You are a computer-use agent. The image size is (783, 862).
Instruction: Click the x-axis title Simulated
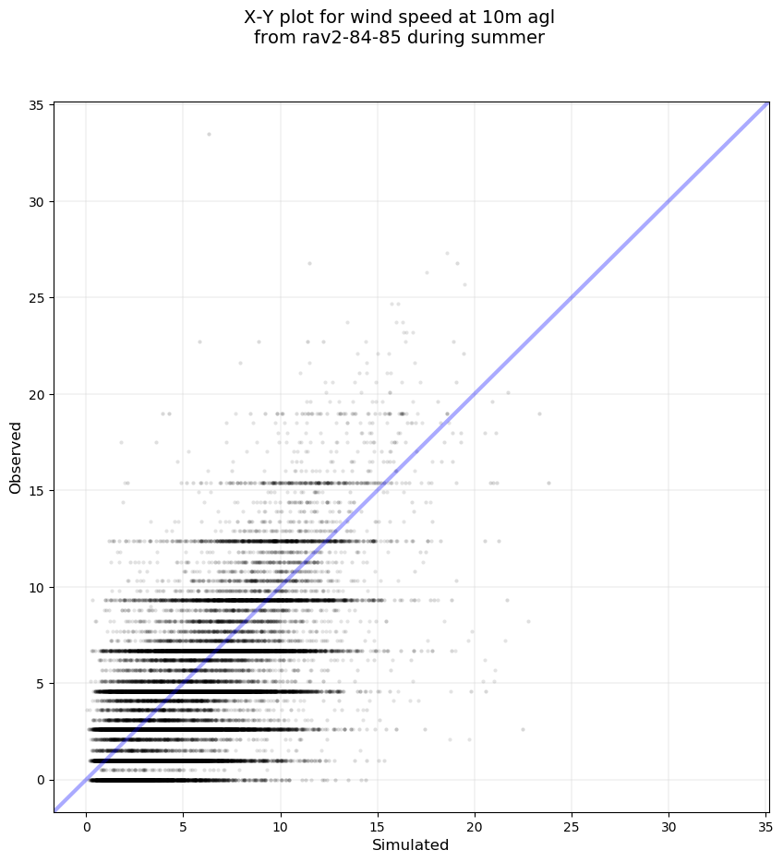click(x=410, y=845)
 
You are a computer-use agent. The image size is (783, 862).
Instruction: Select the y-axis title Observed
click(x=16, y=457)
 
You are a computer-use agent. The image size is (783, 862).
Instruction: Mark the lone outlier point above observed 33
click(x=209, y=134)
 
